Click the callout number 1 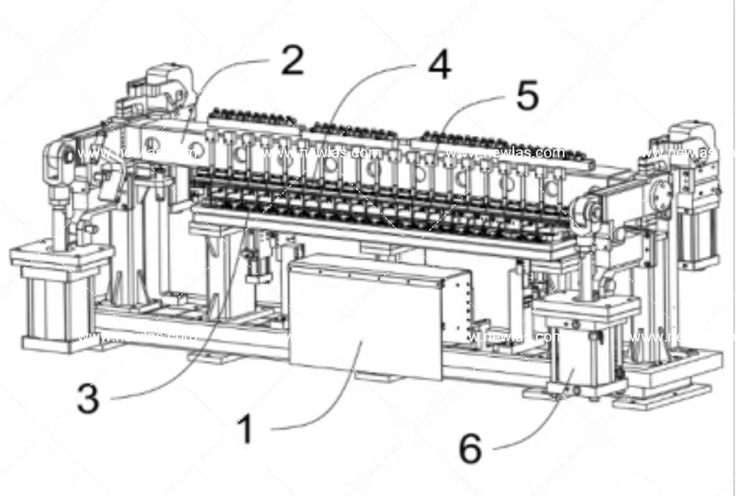click(x=245, y=430)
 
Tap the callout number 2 click(x=291, y=62)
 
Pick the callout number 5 click(x=527, y=96)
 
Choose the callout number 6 click(x=470, y=449)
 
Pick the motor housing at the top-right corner click(x=691, y=144)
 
